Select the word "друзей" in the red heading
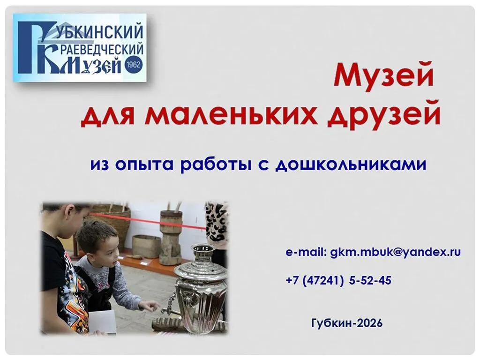(384, 116)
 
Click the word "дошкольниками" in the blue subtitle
(351, 165)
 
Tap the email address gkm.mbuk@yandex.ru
(395, 252)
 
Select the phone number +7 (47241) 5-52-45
(338, 280)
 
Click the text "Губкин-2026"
(347, 323)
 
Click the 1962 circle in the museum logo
(133, 64)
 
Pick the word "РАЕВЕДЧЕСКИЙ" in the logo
(100, 50)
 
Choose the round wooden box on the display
(146, 247)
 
